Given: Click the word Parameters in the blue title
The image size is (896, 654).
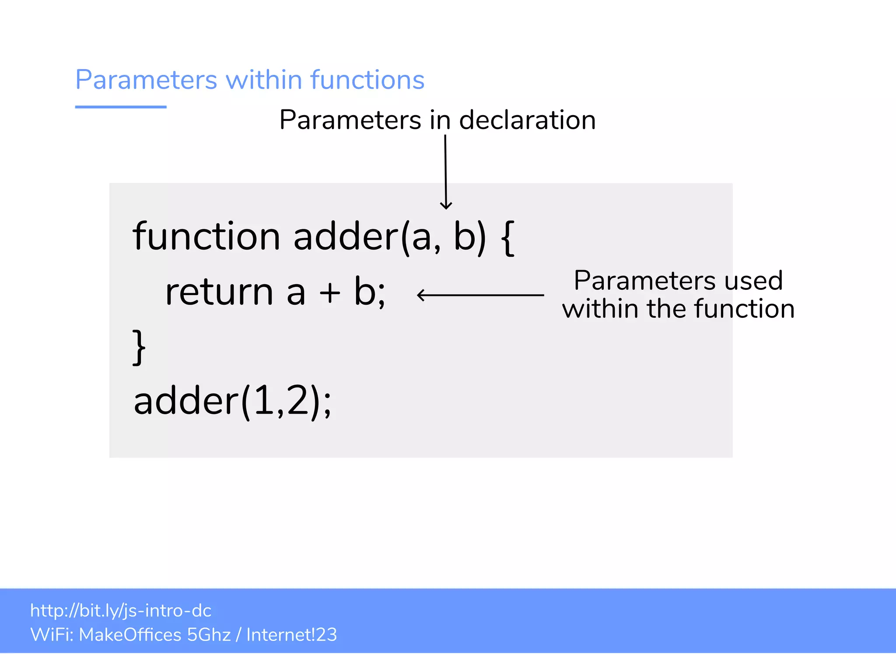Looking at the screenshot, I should click(x=146, y=80).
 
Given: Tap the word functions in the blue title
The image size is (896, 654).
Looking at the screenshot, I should click(x=367, y=80).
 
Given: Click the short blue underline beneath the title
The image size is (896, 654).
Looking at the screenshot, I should click(x=121, y=107).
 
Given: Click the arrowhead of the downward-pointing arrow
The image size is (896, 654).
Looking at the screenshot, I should click(x=446, y=206).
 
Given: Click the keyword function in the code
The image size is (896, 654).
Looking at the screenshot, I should click(x=206, y=236).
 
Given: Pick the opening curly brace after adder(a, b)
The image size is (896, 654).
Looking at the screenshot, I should click(x=507, y=237).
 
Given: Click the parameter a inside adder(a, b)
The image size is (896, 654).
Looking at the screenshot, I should click(x=421, y=239).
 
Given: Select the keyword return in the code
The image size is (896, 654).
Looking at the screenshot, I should click(x=219, y=292).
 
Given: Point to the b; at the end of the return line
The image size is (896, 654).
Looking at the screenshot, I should click(x=370, y=292).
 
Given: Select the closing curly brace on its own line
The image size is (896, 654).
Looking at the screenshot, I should click(x=139, y=348).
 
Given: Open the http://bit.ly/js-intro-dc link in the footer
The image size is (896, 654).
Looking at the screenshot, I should click(x=121, y=611).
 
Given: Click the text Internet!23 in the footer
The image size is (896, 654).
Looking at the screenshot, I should click(x=291, y=635).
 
